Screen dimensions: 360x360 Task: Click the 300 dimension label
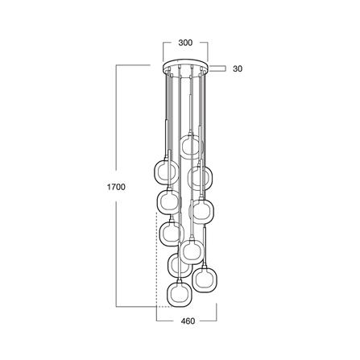click(185, 43)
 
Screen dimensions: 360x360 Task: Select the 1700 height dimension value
click(116, 187)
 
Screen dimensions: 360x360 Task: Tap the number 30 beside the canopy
click(238, 68)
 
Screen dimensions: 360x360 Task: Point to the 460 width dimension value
click(188, 321)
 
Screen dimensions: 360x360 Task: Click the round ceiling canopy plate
click(185, 67)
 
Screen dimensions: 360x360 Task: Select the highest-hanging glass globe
click(191, 147)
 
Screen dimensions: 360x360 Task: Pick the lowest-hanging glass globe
click(179, 294)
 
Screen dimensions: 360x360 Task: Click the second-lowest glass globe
click(205, 279)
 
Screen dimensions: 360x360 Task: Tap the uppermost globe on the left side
click(167, 172)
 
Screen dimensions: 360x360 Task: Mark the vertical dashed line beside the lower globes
click(157, 259)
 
